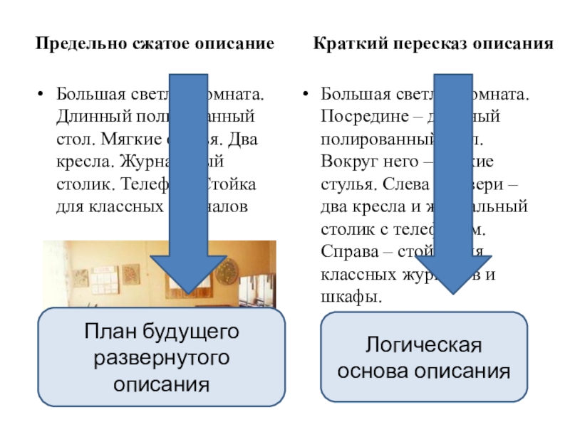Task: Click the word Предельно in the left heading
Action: point(68,44)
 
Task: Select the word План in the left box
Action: point(110,331)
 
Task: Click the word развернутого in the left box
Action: point(161,358)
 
